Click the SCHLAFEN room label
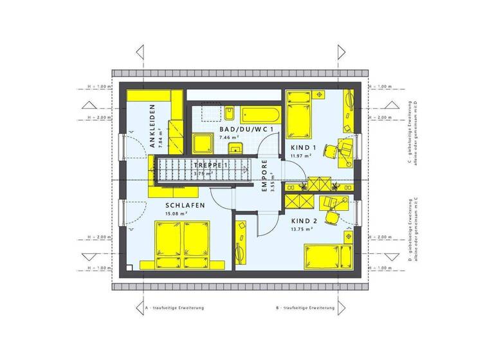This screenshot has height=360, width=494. click(185, 206)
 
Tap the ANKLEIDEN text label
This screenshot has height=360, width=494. click(153, 127)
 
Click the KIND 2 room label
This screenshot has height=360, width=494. click(300, 221)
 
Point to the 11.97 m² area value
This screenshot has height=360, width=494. click(300, 156)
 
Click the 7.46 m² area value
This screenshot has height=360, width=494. click(228, 138)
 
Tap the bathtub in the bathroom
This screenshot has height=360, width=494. click(262, 116)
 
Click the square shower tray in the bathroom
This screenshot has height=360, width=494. click(204, 143)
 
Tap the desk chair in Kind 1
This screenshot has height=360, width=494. click(331, 151)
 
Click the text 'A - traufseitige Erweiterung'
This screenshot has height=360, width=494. click(176, 309)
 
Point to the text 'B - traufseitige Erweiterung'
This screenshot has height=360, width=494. click(306, 309)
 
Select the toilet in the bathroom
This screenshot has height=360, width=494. click(230, 114)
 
